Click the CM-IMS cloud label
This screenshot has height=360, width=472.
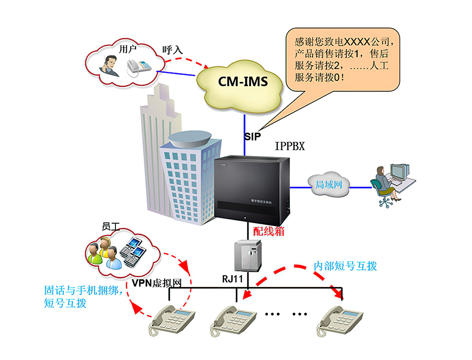(242, 81)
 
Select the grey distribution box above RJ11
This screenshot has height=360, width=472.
(248, 256)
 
